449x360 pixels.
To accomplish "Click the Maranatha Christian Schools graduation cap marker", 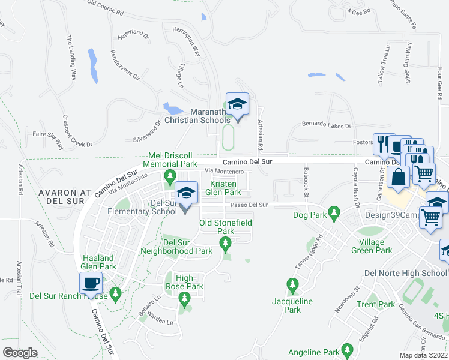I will (x=237, y=104).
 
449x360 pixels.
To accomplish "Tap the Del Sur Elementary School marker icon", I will (x=186, y=194).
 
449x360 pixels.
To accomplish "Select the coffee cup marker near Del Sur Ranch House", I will (x=91, y=283).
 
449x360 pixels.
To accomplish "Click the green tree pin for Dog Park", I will (x=335, y=211).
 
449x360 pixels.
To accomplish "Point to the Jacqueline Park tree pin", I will (x=292, y=283).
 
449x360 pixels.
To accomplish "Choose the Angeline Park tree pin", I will (x=346, y=349).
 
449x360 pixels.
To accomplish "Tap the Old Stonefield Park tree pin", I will (x=226, y=243).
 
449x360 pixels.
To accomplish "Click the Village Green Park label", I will (x=372, y=246).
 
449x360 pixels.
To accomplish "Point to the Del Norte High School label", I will (x=406, y=273).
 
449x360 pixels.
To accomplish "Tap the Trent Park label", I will (x=375, y=304).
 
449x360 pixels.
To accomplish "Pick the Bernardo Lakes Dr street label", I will (x=325, y=127).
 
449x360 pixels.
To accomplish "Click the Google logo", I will (x=20, y=353).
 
